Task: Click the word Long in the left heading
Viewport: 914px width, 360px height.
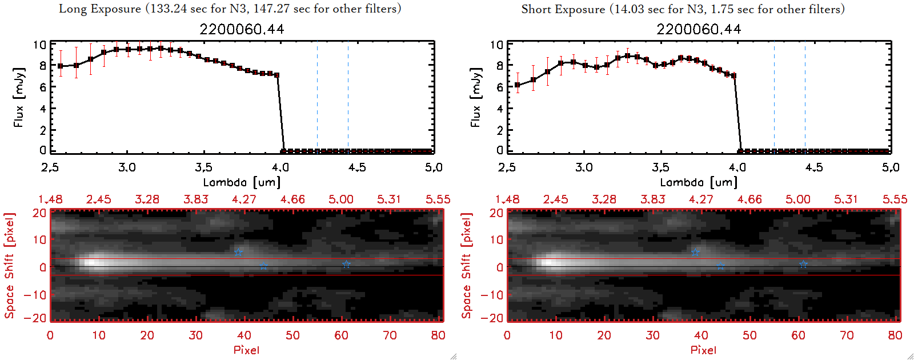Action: pos(71,9)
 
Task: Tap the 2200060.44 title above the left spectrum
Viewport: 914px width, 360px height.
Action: pos(242,29)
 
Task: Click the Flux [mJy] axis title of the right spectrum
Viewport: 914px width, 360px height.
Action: pos(475,97)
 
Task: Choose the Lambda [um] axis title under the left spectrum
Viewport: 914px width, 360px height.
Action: pos(242,182)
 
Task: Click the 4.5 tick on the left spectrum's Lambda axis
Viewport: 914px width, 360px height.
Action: pos(357,167)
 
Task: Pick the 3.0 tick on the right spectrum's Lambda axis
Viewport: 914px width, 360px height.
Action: pos(584,167)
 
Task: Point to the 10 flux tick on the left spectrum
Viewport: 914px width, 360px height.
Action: pos(39,45)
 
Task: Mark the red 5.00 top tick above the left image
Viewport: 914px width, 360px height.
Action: pos(340,199)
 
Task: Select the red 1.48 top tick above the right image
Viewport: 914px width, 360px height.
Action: pos(507,199)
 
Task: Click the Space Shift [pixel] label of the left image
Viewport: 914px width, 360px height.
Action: pos(9,266)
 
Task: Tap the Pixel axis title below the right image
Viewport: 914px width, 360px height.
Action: pos(703,350)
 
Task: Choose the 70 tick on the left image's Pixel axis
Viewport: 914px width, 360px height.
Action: pos(390,335)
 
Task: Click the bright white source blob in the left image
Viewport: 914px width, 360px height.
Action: pos(94,263)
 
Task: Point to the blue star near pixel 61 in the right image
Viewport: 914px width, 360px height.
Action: pos(803,264)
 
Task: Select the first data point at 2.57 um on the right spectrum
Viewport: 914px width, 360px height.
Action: pos(518,85)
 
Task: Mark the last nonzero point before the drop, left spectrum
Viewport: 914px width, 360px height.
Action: pos(277,75)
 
